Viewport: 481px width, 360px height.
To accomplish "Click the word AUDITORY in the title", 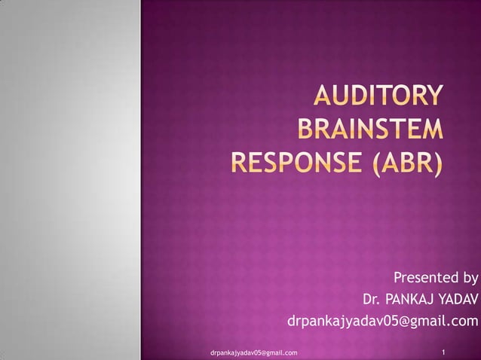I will pyautogui.click(x=378, y=97).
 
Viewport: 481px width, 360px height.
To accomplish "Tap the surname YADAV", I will pyautogui.click(x=458, y=300).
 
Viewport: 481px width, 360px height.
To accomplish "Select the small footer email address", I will pyautogui.click(x=254, y=352).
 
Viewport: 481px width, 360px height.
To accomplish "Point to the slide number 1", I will pyautogui.click(x=446, y=351).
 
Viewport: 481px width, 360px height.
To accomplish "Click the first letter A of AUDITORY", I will pyautogui.click(x=323, y=97).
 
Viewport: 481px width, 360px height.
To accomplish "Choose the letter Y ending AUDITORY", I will pyautogui.click(x=434, y=97).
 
